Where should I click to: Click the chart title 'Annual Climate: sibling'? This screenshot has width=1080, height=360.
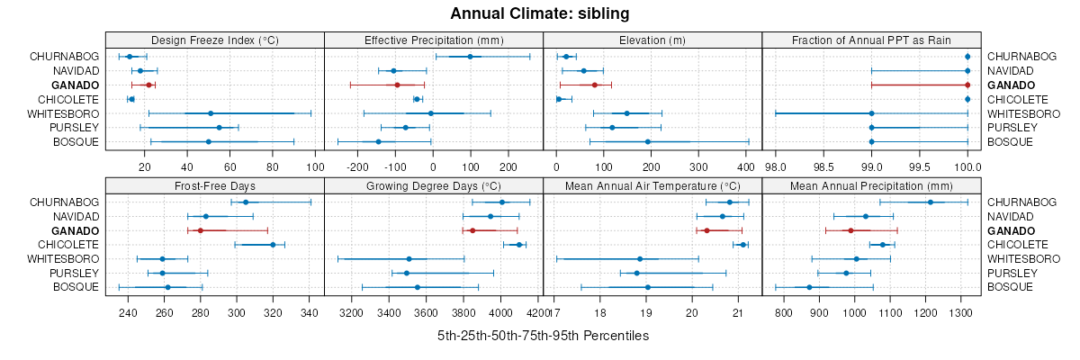(x=540, y=13)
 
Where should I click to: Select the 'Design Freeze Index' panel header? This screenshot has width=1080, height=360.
(x=215, y=40)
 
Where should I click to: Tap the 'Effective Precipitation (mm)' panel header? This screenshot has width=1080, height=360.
(x=434, y=40)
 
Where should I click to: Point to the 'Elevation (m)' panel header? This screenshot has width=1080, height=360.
(x=652, y=40)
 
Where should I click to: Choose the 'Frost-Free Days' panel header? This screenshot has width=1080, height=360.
(x=215, y=185)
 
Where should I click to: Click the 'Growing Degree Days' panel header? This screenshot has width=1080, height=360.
(x=434, y=185)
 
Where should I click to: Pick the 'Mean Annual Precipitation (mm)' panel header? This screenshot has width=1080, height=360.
(x=871, y=185)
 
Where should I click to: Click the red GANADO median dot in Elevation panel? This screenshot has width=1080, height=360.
(x=595, y=85)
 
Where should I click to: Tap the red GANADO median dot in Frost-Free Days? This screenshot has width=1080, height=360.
(x=200, y=230)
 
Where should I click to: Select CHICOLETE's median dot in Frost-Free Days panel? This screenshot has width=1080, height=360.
(x=273, y=245)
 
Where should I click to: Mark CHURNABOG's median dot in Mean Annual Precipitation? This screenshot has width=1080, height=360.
(x=931, y=202)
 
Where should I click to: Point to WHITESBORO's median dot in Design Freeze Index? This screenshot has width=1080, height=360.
(x=211, y=113)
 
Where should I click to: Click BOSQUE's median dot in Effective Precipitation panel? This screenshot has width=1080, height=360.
(x=378, y=142)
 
